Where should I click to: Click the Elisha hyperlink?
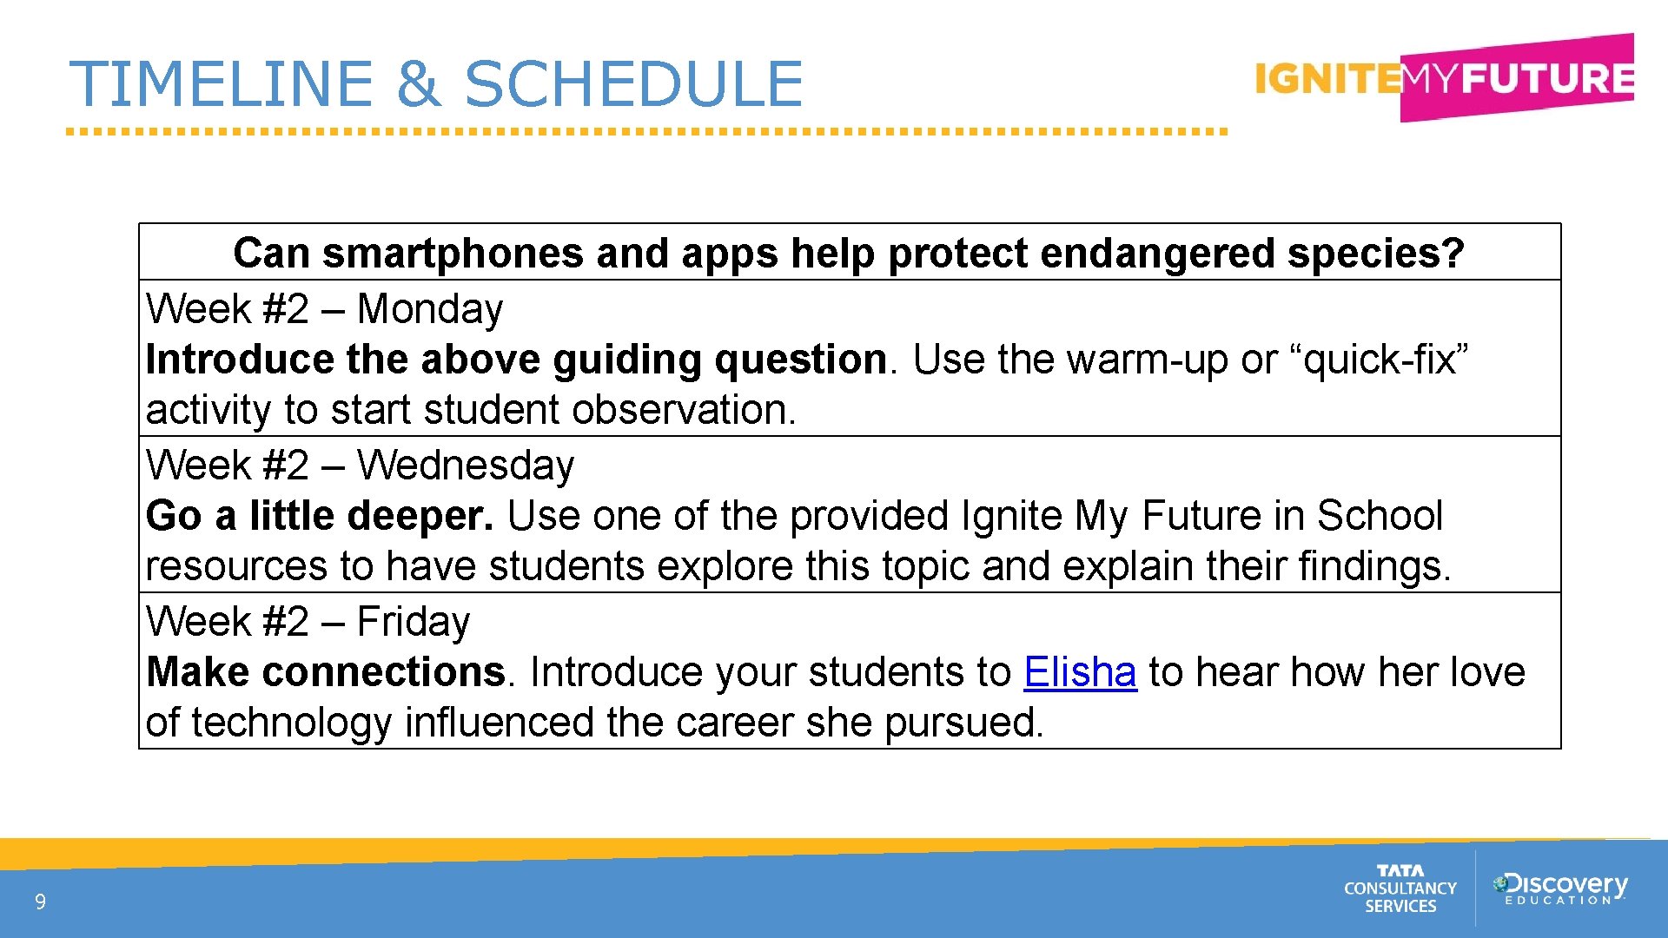point(1079,672)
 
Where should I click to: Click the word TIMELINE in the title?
point(222,84)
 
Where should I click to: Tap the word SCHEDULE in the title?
point(633,84)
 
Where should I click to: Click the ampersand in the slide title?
point(419,84)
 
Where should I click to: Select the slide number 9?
point(40,902)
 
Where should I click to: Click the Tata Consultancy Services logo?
point(1400,888)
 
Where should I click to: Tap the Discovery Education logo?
point(1560,888)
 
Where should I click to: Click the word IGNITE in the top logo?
point(1327,79)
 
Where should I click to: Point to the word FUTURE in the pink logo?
point(1546,79)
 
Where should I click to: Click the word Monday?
point(429,310)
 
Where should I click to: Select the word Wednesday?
point(465,466)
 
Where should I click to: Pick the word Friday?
point(413,623)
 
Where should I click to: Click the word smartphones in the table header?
point(453,254)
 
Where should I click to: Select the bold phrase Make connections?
point(326,672)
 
